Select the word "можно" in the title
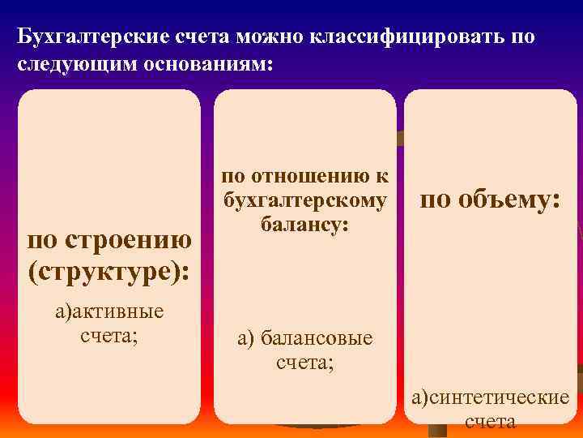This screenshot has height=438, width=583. (x=274, y=38)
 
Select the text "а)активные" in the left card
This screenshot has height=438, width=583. (x=109, y=311)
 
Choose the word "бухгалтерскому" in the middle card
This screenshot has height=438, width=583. (x=304, y=200)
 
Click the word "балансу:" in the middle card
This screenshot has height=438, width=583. (x=304, y=222)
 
